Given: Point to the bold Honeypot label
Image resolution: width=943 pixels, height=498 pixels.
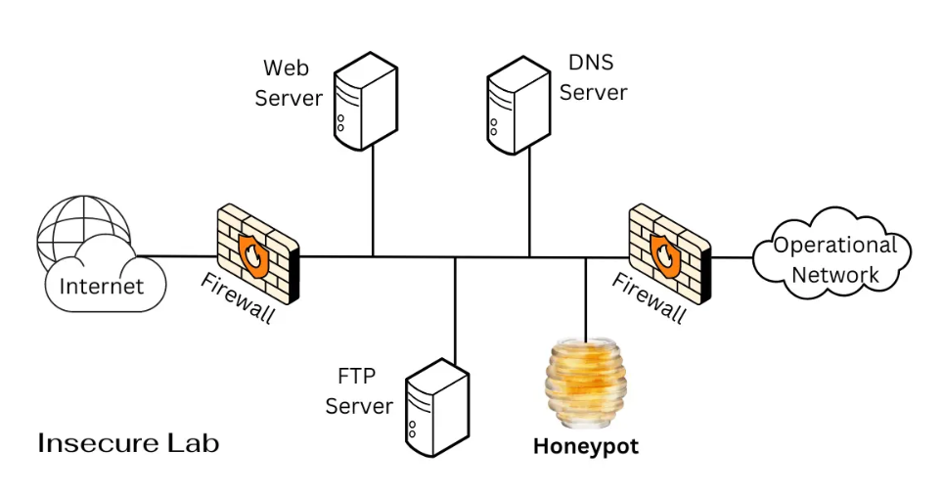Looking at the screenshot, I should [x=585, y=447].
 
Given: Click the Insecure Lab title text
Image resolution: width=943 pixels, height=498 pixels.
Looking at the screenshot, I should [x=128, y=443].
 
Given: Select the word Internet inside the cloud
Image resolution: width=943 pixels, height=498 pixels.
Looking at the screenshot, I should [x=102, y=286].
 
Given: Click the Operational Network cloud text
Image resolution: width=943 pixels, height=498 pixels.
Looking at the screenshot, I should [x=834, y=259].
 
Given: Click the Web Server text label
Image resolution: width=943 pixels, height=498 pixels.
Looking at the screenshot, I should [x=292, y=83].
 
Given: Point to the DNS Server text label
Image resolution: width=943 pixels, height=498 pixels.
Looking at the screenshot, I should [x=593, y=77].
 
